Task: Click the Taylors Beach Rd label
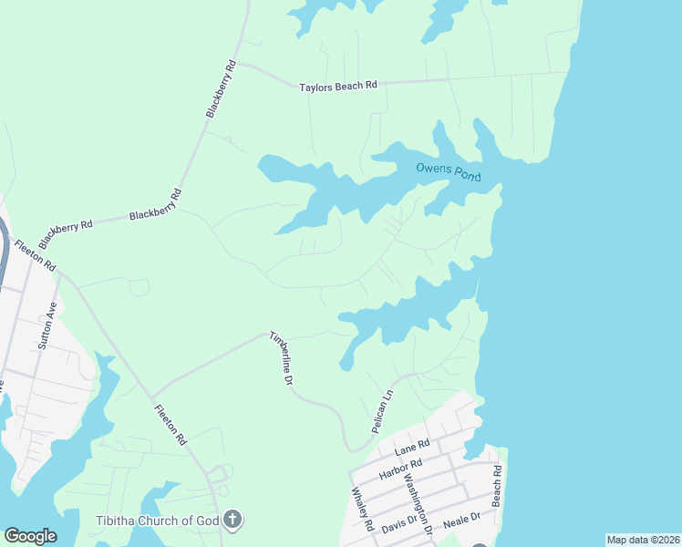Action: pyautogui.click(x=338, y=87)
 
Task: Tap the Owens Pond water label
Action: pyautogui.click(x=448, y=170)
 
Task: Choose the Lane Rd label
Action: pyautogui.click(x=411, y=447)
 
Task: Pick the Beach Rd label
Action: pyautogui.click(x=497, y=487)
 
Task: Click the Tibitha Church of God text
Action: pyautogui.click(x=157, y=521)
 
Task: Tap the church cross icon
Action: pyautogui.click(x=232, y=521)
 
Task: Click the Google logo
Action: pyautogui.click(x=30, y=536)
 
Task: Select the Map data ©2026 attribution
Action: pyautogui.click(x=643, y=540)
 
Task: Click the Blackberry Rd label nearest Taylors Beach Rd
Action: pyautogui.click(x=221, y=89)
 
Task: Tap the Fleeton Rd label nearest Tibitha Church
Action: pyautogui.click(x=170, y=425)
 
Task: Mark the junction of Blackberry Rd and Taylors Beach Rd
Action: pyautogui.click(x=238, y=65)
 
